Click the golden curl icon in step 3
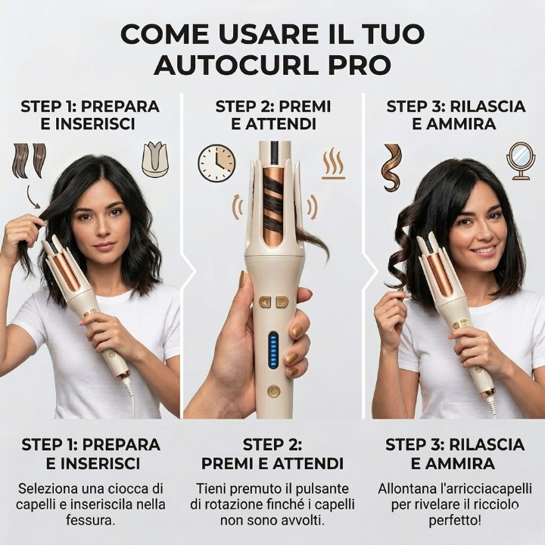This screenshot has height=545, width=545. click(392, 167)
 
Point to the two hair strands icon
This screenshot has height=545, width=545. click(30, 160)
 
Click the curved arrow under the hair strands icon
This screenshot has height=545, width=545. click(33, 197)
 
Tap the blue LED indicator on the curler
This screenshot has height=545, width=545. click(273, 352)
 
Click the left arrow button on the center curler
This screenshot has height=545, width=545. click(266, 302)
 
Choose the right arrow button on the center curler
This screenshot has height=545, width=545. click(282, 302)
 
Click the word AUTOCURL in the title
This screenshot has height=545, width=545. click(237, 64)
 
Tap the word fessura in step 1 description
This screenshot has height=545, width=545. click(90, 520)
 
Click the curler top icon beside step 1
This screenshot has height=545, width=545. click(155, 160)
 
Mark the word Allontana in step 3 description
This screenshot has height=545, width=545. click(399, 489)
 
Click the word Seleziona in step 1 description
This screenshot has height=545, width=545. click(40, 489)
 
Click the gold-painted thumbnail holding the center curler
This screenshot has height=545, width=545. click(243, 279)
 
